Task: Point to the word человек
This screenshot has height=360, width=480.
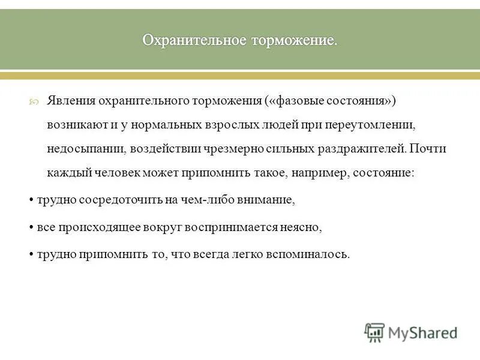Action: coord(116,173)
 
